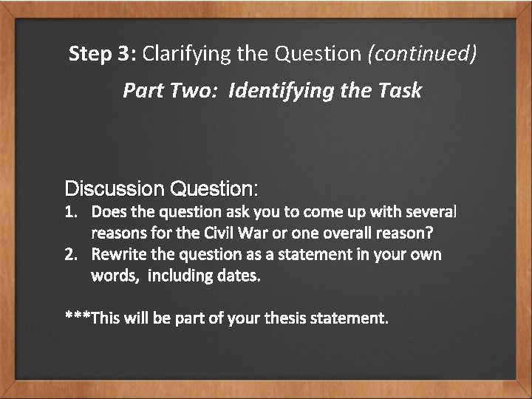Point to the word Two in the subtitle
[197, 91]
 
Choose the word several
[432, 213]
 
